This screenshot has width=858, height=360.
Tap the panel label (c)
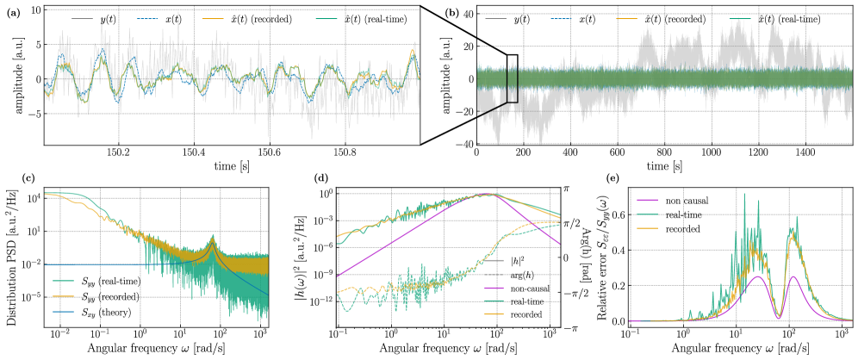coord(9,178)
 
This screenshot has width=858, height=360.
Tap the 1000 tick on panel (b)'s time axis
coord(711,152)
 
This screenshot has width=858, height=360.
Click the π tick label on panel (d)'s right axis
coord(566,188)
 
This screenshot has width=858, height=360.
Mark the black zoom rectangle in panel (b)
coord(512,78)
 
